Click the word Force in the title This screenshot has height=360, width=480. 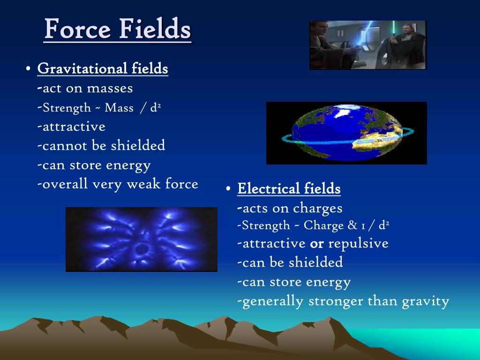(x=77, y=29)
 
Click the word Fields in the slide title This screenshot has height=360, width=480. (x=155, y=29)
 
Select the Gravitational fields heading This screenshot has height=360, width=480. (x=103, y=69)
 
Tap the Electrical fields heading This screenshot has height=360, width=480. (x=289, y=188)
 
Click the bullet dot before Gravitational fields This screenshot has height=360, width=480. (x=28, y=68)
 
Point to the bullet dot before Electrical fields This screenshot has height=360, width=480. (x=228, y=188)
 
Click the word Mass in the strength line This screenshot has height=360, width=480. (x=119, y=108)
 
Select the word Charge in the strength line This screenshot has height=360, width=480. (x=324, y=225)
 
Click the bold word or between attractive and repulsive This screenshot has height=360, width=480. (x=317, y=244)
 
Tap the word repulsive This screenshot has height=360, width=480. (x=359, y=243)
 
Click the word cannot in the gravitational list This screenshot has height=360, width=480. (x=65, y=146)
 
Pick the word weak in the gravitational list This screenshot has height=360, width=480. (x=143, y=184)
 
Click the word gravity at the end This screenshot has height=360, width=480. (x=426, y=301)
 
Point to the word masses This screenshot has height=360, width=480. (x=110, y=89)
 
